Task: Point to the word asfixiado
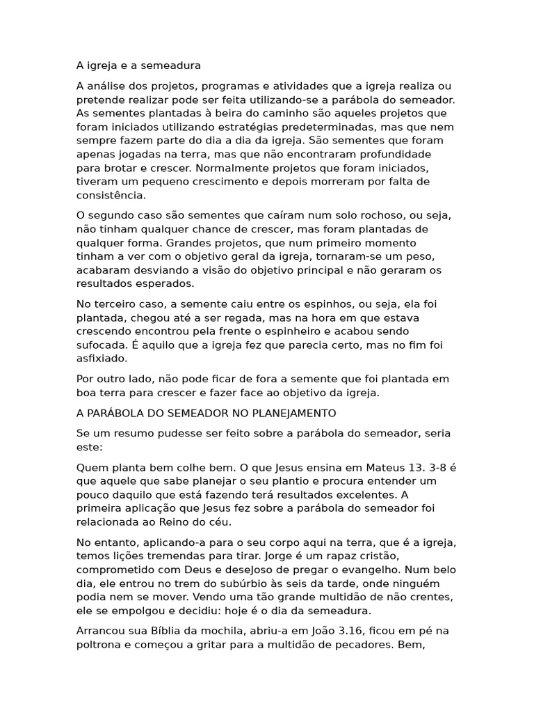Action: (x=102, y=359)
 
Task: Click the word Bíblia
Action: (x=179, y=632)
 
